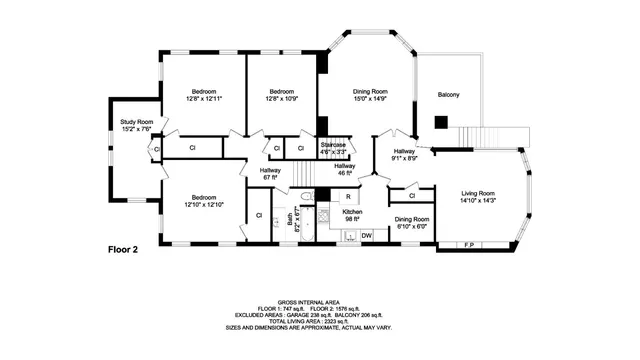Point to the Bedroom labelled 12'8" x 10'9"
coord(283,95)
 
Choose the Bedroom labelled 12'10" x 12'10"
coord(203,201)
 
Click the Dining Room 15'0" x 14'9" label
coord(368,95)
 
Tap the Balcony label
coord(449,95)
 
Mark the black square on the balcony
coord(440,122)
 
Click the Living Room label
coord(477,196)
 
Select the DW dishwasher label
coord(366,236)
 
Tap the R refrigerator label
coord(347,196)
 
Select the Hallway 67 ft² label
coord(270,174)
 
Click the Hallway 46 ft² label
coord(344,169)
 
